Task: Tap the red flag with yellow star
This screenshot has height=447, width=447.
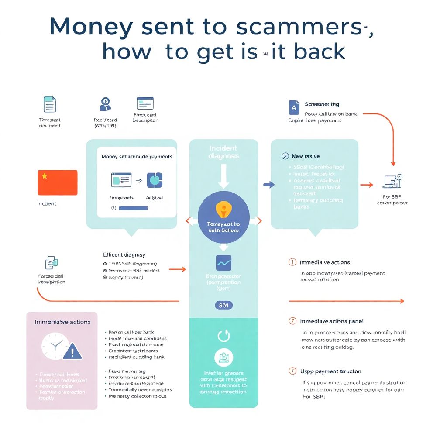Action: [58, 182]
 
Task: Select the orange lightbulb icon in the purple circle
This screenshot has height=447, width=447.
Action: [223, 210]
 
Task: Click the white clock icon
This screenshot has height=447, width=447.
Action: [55, 346]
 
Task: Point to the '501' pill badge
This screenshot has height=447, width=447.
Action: [223, 306]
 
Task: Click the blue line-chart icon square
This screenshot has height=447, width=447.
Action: [223, 262]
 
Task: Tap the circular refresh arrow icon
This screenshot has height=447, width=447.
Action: [223, 336]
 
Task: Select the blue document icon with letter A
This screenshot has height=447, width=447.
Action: [294, 107]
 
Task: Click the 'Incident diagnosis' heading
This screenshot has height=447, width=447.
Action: [223, 152]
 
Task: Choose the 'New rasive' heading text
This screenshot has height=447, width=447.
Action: [306, 156]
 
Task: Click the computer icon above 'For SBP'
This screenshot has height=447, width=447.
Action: [392, 180]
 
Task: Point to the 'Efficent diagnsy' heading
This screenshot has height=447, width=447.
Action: [124, 254]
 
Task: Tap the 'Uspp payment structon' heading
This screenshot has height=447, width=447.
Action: [330, 371]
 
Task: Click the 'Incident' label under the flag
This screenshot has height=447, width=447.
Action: [47, 203]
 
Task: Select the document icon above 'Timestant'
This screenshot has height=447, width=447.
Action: [50, 104]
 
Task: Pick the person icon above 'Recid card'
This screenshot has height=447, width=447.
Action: [105, 104]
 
